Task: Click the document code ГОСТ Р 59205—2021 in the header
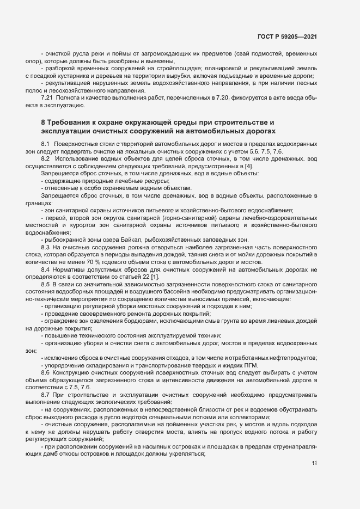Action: click(286, 36)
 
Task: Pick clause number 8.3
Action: click(46, 247)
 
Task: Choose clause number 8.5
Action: click(46, 284)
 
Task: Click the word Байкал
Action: click(129, 239)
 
